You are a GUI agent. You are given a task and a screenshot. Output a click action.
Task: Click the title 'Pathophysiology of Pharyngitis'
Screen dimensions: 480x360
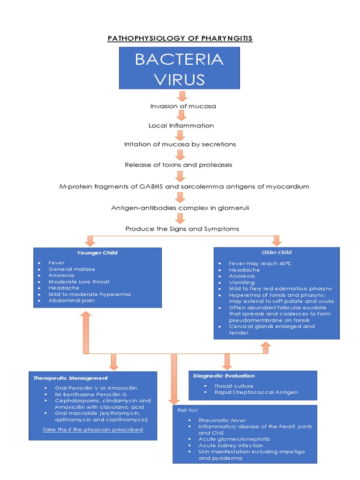[180, 38]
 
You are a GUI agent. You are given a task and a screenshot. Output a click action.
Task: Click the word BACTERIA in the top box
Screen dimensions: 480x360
[180, 60]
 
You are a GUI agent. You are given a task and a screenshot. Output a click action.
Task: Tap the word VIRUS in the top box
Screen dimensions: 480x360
[180, 79]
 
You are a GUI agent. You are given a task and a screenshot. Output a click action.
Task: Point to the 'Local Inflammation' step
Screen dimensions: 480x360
[181, 126]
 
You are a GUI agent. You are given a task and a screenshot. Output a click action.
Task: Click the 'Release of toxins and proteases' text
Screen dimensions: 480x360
[179, 165]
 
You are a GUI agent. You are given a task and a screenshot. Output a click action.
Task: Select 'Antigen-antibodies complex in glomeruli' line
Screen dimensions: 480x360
[180, 208]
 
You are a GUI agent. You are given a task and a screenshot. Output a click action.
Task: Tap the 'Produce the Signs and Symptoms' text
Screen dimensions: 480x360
[182, 229]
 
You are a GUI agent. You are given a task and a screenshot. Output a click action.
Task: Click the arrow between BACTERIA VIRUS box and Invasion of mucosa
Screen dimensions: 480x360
[182, 96]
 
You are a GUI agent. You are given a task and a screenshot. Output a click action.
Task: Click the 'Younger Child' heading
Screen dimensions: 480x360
[97, 253]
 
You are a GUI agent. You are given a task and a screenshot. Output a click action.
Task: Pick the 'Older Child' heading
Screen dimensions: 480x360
[277, 252]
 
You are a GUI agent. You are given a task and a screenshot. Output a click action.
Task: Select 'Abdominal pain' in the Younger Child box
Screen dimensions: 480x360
[71, 300]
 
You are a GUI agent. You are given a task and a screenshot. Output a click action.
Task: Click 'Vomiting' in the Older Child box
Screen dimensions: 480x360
[242, 283]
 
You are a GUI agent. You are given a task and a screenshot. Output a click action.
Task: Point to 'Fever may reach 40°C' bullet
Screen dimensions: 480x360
[260, 263]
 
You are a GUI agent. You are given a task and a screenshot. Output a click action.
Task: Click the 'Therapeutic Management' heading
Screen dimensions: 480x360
[70, 378]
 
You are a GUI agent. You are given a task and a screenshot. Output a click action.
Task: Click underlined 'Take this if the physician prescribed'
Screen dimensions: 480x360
[93, 429]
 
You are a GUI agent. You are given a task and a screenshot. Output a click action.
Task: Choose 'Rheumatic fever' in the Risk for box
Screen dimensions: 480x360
[222, 420]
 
